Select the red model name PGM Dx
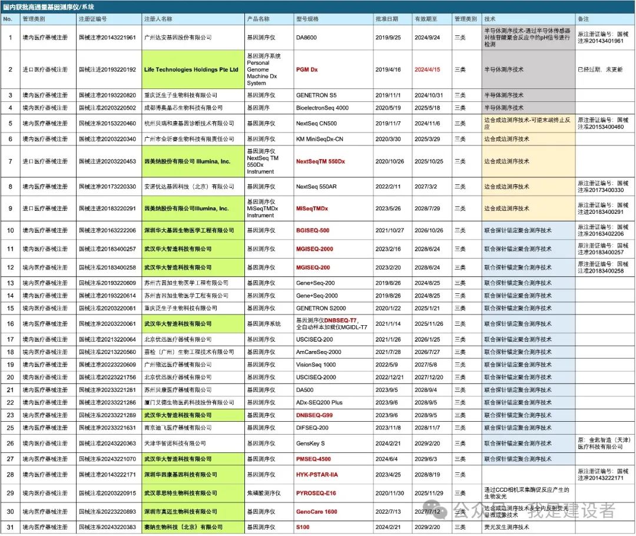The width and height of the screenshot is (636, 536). point(306,70)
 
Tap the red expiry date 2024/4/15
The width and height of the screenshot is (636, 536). point(427,70)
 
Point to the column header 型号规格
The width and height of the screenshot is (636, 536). point(307,19)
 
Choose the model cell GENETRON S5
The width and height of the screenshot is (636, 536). point(316,95)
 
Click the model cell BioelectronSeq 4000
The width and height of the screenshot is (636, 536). point(322,108)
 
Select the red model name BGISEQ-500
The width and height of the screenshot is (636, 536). point(313,230)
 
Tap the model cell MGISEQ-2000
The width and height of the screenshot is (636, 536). point(314,249)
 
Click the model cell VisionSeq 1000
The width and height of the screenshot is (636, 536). point(316,365)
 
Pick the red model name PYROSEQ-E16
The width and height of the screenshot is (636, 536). point(316,493)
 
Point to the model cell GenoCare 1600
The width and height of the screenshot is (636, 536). point(317,511)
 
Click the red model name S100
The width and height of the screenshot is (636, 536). point(303,527)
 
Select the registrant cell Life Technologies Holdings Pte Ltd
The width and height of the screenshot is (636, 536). point(191,70)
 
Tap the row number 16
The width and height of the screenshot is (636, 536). point(10,324)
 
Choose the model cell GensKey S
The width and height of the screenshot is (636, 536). point(310,443)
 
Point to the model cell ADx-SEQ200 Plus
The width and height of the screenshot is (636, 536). point(319,402)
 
